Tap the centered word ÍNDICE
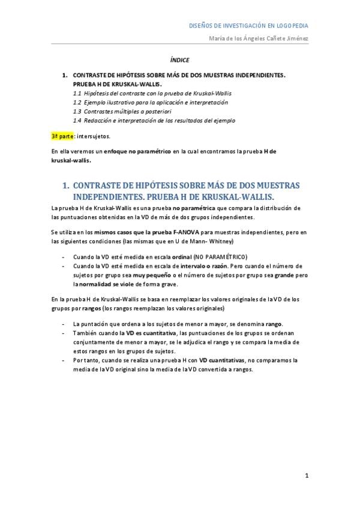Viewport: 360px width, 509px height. [x=179, y=60]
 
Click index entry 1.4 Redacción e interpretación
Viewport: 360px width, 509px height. [x=154, y=120]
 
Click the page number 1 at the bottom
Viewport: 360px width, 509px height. [x=307, y=476]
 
